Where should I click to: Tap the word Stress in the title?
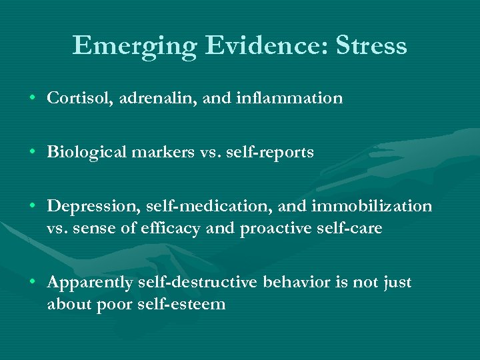click(x=371, y=46)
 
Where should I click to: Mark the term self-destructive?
click(x=199, y=283)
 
